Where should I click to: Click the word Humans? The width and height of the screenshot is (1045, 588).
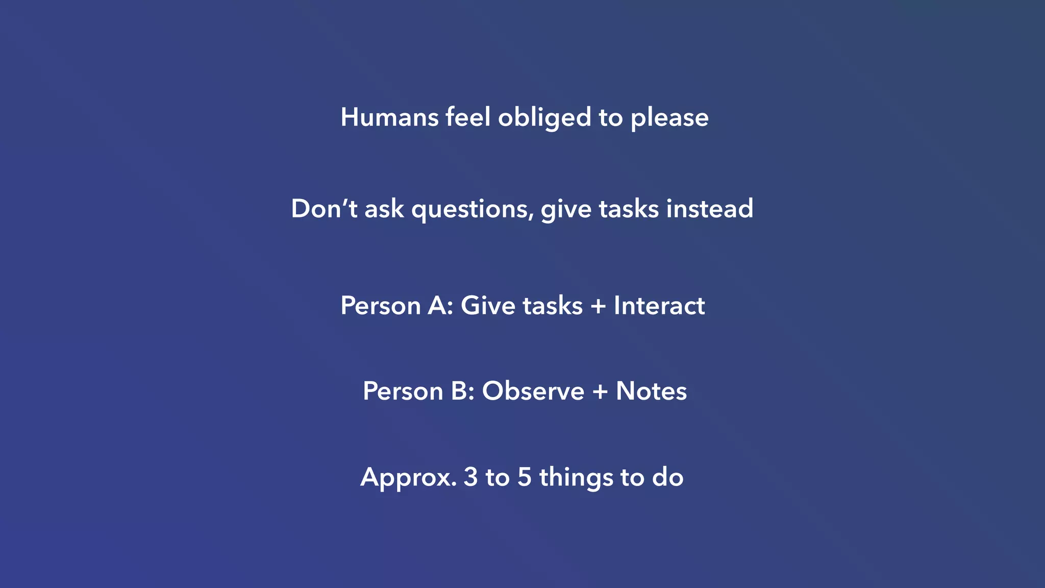click(x=389, y=117)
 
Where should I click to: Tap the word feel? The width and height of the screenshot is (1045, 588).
click(x=468, y=117)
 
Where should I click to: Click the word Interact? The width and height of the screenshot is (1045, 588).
click(x=659, y=306)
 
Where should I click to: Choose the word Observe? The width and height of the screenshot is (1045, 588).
click(x=533, y=391)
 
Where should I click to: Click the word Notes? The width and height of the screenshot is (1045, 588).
click(x=651, y=391)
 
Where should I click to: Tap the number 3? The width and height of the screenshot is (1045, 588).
click(x=470, y=477)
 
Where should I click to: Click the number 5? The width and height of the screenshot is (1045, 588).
click(x=525, y=477)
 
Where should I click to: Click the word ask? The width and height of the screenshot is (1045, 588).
click(x=384, y=209)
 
